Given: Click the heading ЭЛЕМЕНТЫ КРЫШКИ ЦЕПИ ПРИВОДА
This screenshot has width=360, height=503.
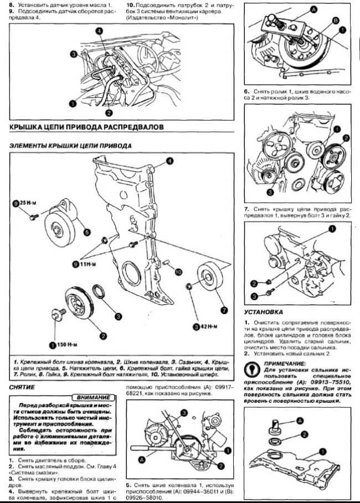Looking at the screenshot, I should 71,146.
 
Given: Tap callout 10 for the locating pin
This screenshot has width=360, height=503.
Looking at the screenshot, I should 178,272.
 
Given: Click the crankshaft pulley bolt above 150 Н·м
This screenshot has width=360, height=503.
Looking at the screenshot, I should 56,314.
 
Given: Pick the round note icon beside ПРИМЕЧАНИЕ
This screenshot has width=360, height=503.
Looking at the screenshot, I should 252,367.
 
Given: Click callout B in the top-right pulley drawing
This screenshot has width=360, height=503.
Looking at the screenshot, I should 335,20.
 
